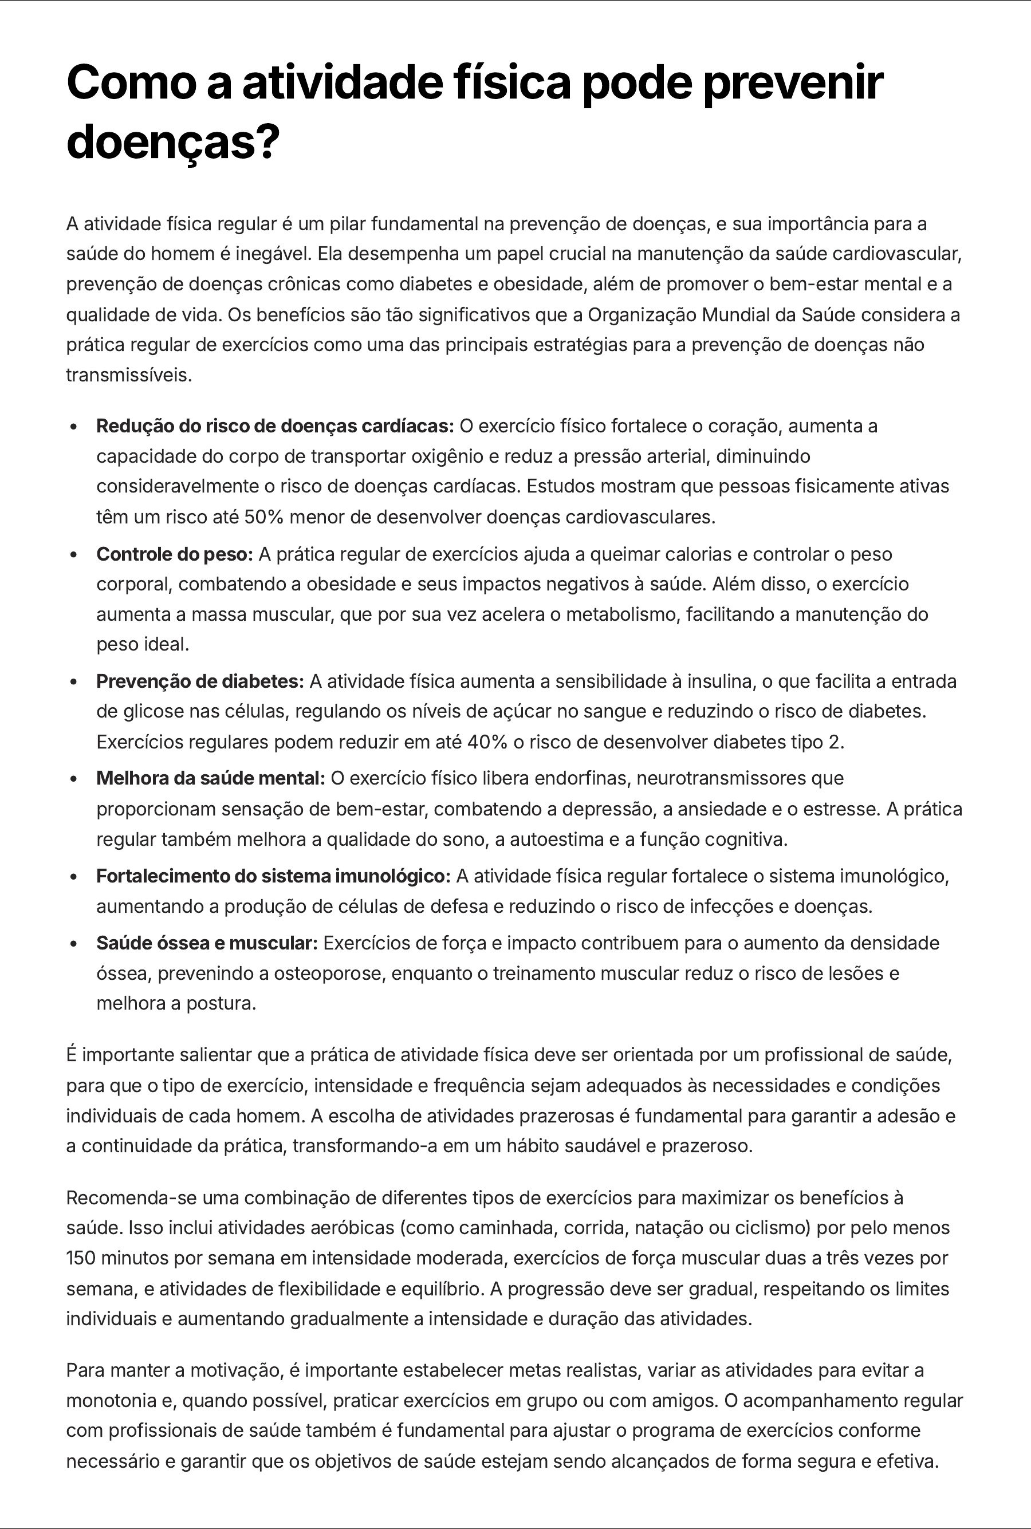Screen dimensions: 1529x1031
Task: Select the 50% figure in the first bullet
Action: coord(263,517)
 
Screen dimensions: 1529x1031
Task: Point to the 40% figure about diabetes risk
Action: coord(486,742)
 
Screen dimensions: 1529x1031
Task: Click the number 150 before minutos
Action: coord(81,1258)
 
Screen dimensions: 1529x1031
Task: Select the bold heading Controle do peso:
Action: coord(174,554)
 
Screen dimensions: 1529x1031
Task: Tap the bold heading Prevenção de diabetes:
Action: coord(200,681)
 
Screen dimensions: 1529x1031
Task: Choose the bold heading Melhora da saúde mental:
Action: coord(210,778)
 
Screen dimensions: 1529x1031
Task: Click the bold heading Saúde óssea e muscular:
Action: coord(206,943)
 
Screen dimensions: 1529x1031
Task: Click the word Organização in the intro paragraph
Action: coord(642,315)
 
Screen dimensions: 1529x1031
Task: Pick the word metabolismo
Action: coord(623,614)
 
